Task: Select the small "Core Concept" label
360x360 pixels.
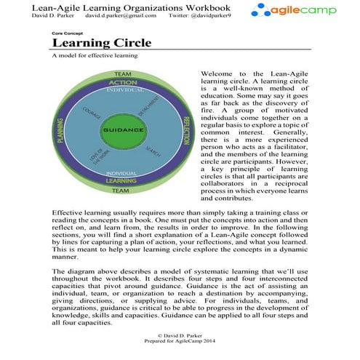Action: click(67, 33)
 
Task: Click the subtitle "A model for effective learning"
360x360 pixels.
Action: click(95, 55)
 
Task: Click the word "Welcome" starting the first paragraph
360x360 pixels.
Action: click(216, 74)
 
